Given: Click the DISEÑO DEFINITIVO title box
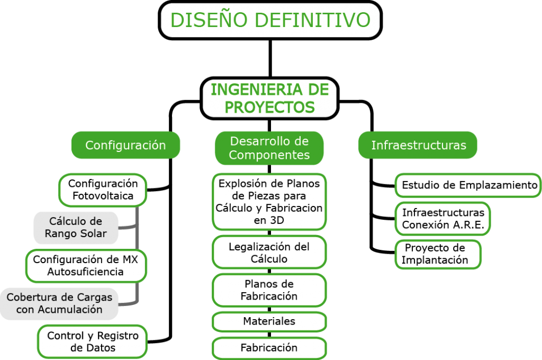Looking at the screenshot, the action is (270, 20).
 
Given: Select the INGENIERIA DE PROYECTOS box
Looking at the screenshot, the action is (269, 98).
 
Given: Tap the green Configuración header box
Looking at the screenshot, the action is (125, 145).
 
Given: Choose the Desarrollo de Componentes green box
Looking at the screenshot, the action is (269, 148).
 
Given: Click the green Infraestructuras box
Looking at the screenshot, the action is (418, 145).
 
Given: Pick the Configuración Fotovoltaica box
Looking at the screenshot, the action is (103, 190).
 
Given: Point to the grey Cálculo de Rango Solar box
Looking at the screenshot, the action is (76, 228).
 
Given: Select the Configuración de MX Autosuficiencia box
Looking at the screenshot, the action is (86, 266).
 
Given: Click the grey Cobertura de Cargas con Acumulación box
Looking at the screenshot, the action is (59, 303).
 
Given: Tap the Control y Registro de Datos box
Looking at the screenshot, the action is (92, 341).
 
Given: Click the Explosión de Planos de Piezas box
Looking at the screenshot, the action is (269, 202).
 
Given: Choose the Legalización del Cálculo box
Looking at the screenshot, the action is (269, 253).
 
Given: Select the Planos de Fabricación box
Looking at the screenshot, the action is (269, 290).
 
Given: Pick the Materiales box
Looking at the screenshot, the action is (269, 321).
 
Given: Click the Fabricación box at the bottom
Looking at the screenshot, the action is (269, 348).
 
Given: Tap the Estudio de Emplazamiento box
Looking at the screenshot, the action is (468, 185).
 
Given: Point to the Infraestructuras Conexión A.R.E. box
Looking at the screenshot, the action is (443, 219).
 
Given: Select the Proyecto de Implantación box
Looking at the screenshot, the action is (438, 254).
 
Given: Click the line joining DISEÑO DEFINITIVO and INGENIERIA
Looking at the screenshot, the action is (270, 58).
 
